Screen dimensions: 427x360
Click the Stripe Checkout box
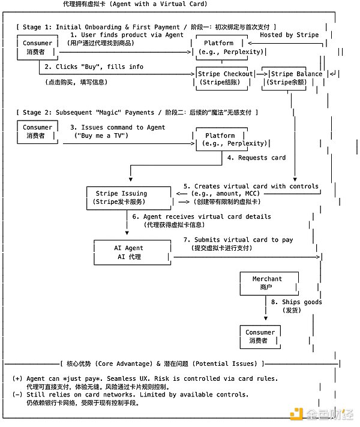(225, 78)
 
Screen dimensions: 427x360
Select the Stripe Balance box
(293, 78)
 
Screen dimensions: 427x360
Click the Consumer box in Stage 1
(37, 47)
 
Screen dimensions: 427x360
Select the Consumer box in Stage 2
(37, 131)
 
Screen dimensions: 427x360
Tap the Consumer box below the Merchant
(260, 336)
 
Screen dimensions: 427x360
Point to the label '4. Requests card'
(256, 158)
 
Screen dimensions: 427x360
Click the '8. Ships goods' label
(296, 302)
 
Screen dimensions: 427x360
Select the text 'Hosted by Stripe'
(289, 35)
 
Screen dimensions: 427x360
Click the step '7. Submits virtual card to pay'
(238, 240)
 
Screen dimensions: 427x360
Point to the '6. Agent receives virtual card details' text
(201, 216)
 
